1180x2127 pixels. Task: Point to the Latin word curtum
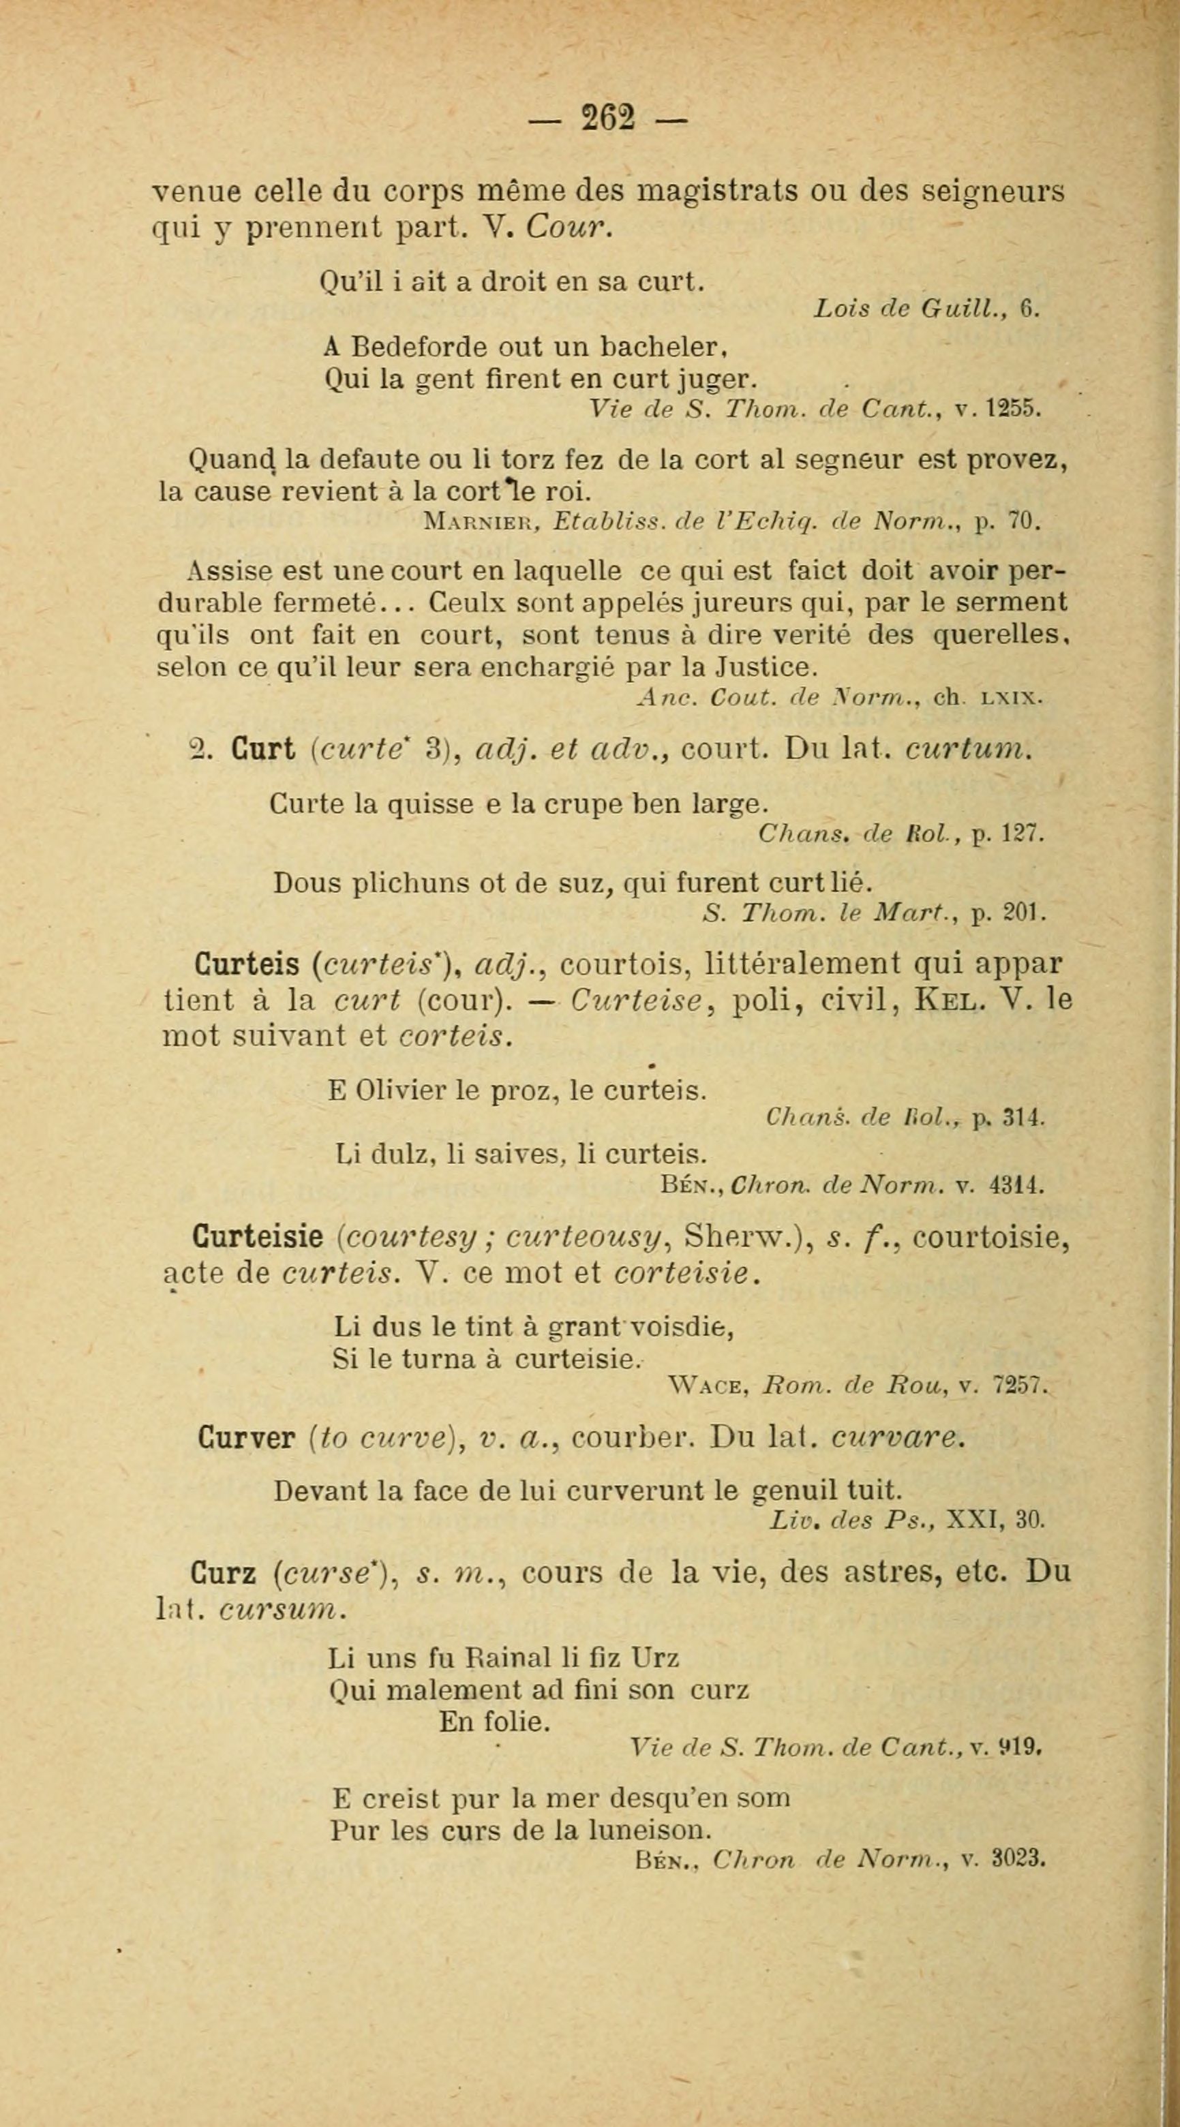point(968,749)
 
